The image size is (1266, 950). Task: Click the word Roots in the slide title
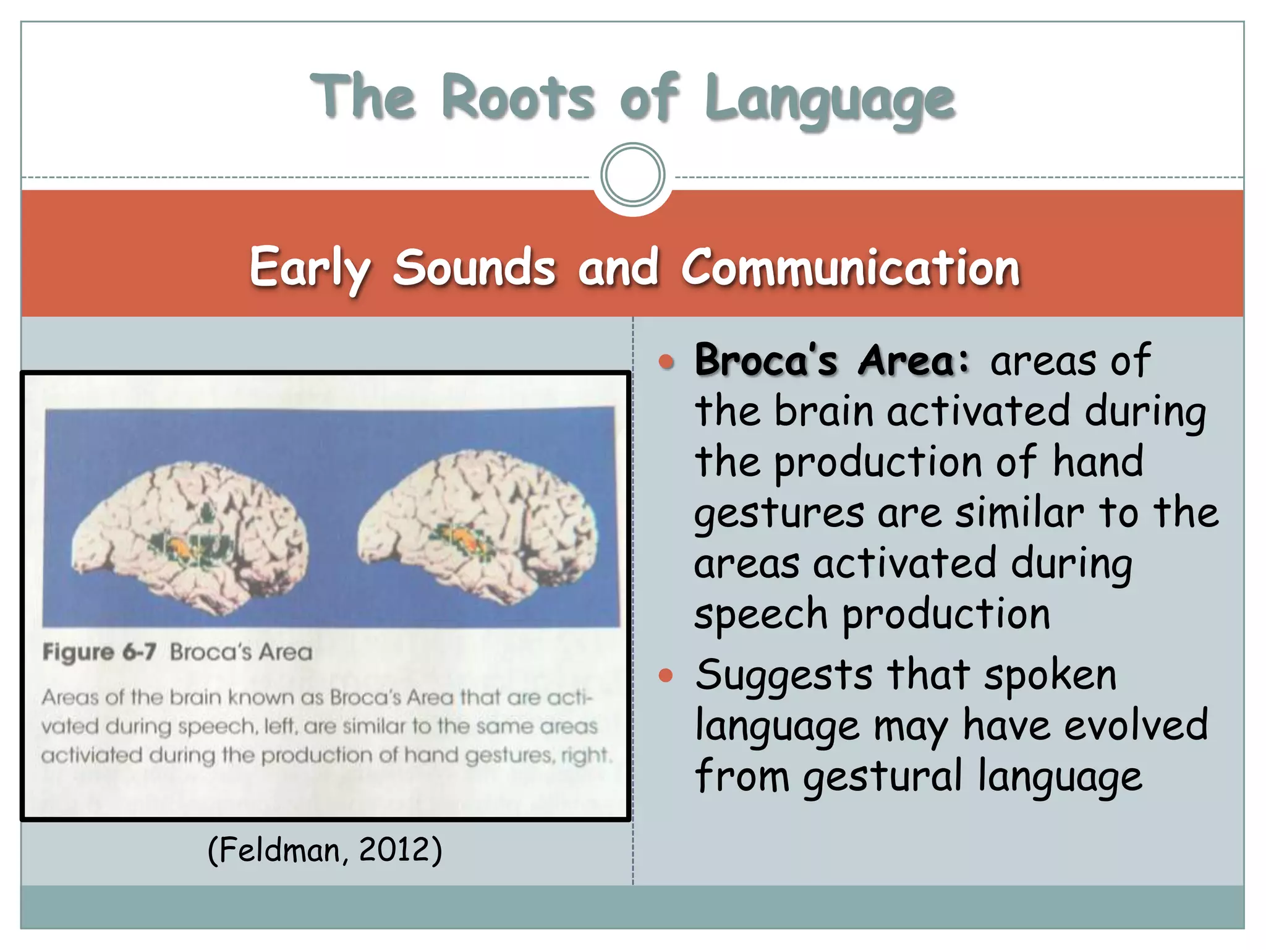518,98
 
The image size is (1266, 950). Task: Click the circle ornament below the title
632,175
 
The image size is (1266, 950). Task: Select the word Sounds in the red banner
474,267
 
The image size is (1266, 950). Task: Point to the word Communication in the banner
850,267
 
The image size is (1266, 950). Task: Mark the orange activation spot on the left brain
179,546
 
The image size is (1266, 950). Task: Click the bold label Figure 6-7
99,652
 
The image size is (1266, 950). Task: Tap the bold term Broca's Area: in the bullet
832,360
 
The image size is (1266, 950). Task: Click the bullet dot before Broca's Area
666,362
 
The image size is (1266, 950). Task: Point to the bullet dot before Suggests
666,675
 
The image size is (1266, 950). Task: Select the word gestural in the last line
883,776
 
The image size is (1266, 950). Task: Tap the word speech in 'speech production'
760,614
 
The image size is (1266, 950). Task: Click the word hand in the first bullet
1098,461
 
